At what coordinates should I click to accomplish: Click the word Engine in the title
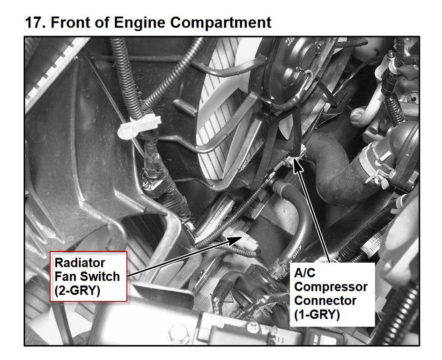pyautogui.click(x=139, y=23)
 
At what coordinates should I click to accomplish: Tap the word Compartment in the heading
pyautogui.click(x=221, y=23)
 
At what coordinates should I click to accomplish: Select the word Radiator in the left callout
pyautogui.click(x=80, y=263)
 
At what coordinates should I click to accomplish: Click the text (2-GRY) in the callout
pyautogui.click(x=78, y=290)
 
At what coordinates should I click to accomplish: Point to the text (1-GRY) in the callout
pyautogui.click(x=317, y=314)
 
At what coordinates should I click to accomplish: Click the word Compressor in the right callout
pyautogui.click(x=331, y=287)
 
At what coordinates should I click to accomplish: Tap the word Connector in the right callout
pyautogui.click(x=325, y=301)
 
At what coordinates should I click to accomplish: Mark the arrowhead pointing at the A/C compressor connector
pyautogui.click(x=297, y=165)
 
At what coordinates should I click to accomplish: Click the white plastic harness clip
pyautogui.click(x=138, y=126)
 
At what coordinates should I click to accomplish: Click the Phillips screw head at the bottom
pyautogui.click(x=252, y=328)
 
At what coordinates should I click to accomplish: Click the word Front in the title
pyautogui.click(x=71, y=22)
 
